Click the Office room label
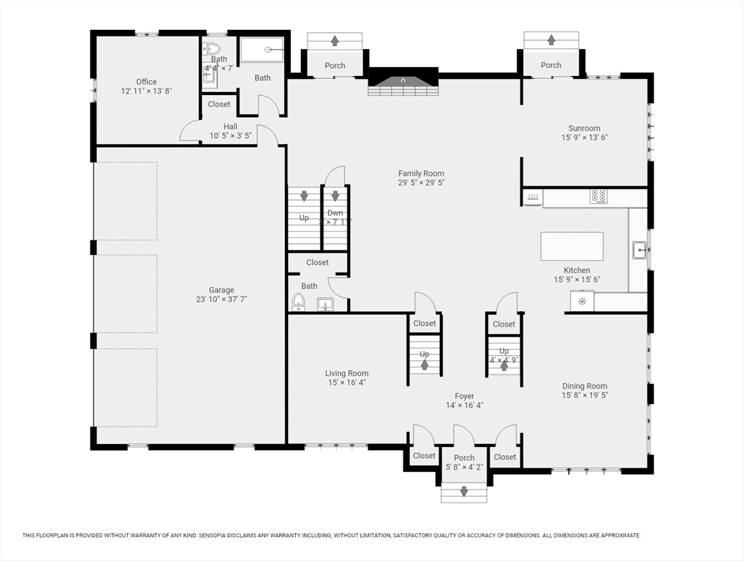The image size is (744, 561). [x=146, y=82]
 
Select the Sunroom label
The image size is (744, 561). [x=584, y=129]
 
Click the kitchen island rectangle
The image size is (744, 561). [x=572, y=245]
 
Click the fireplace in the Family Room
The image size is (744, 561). [x=402, y=82]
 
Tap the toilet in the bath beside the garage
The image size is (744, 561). [x=297, y=302]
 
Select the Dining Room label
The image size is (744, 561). [x=584, y=386]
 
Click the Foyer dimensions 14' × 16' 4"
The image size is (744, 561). [x=464, y=405]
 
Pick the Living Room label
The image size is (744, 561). [x=346, y=373]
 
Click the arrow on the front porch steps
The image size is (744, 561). [x=463, y=492]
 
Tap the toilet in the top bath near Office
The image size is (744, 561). [x=213, y=49]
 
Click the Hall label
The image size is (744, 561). [x=230, y=126]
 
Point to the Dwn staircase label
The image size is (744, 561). [x=335, y=213]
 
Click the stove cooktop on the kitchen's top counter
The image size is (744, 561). [x=599, y=196]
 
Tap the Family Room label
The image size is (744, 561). [x=421, y=174]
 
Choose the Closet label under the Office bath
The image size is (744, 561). [x=219, y=104]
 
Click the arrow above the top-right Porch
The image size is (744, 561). [x=550, y=39]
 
